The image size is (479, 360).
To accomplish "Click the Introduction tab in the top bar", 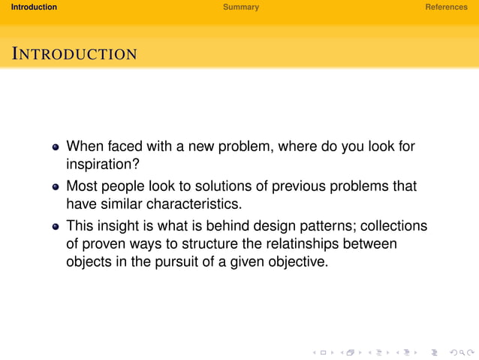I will [29, 7].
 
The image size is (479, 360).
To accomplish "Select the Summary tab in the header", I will [240, 7].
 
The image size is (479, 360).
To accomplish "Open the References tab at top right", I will [446, 7].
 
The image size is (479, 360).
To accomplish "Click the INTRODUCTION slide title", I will [74, 54].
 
